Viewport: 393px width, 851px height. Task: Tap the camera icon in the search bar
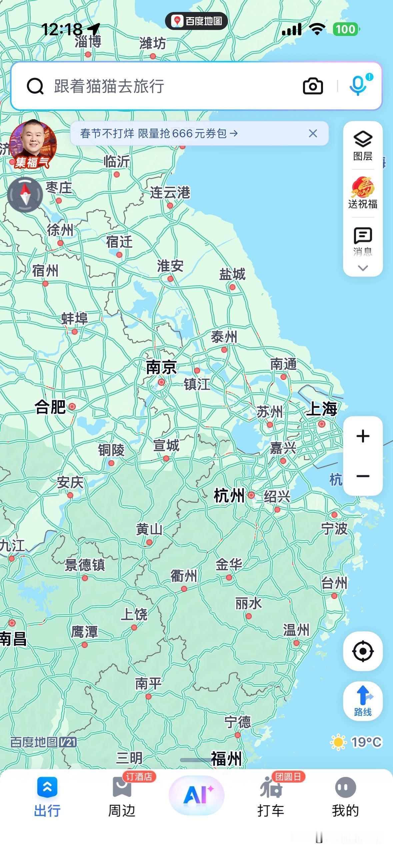(313, 86)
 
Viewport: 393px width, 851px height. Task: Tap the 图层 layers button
(363, 145)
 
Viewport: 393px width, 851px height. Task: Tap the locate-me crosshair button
(363, 651)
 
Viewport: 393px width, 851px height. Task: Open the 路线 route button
(363, 701)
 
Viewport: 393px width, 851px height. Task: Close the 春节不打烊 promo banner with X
(313, 134)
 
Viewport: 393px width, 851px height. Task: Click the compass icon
(25, 195)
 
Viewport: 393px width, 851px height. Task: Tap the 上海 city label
(321, 409)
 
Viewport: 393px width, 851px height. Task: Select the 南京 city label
(161, 368)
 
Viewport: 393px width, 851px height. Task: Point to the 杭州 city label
(229, 496)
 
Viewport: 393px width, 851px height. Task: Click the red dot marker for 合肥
(72, 407)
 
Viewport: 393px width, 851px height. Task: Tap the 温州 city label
(296, 630)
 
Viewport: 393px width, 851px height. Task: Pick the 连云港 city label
(170, 192)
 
